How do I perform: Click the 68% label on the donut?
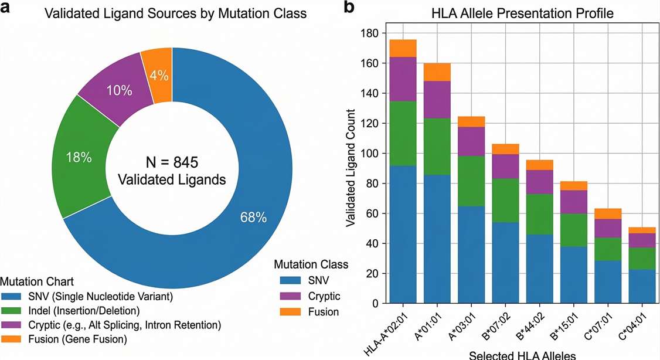pyautogui.click(x=253, y=218)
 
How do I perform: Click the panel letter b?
pyautogui.click(x=349, y=8)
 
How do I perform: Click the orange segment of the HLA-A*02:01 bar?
pyautogui.click(x=403, y=48)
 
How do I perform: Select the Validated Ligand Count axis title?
pyautogui.click(x=351, y=168)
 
